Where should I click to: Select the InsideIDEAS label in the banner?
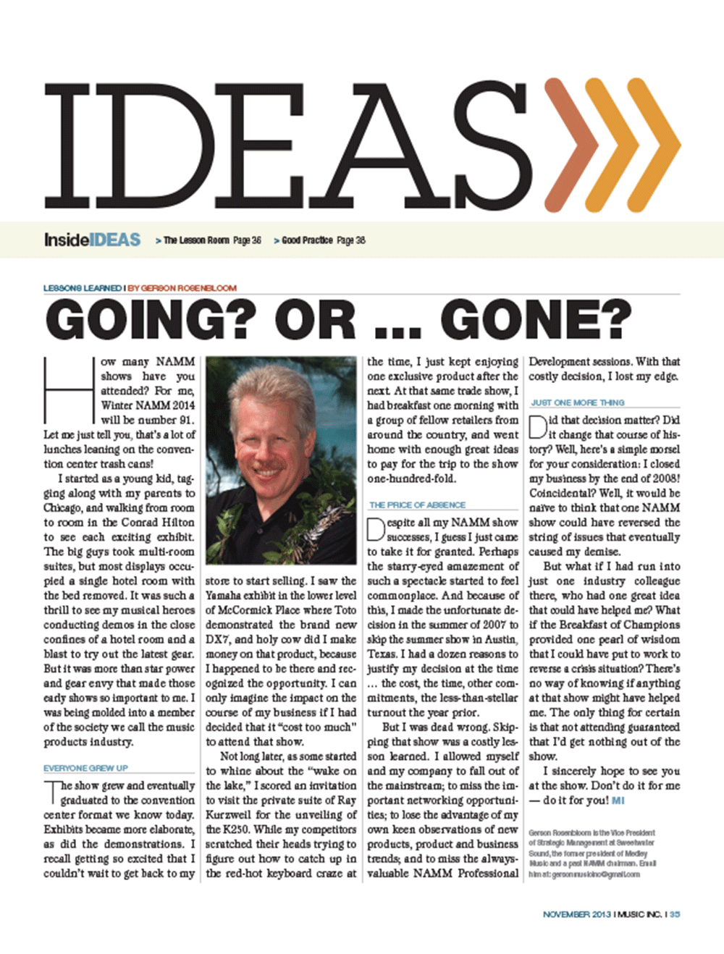[92, 240]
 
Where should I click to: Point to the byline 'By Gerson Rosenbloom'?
[182, 288]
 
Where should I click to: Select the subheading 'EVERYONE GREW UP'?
[85, 768]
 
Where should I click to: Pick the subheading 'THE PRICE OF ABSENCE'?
[417, 505]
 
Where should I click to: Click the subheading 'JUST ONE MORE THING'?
[577, 402]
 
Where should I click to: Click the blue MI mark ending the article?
[618, 801]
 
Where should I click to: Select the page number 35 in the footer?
[675, 914]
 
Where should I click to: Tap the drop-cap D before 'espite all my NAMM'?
[375, 529]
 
